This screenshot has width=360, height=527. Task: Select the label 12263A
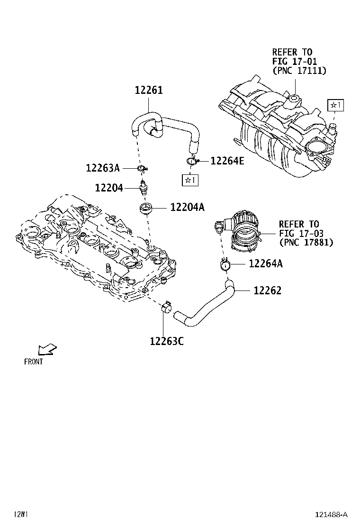pos(103,168)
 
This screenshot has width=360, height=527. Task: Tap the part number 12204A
pos(187,207)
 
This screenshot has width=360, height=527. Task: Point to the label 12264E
pos(227,161)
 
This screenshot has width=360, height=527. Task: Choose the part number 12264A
pos(265,264)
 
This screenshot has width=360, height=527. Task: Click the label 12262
pos(267,290)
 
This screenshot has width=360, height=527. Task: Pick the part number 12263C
pos(166,340)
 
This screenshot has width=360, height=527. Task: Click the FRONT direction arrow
pos(47,350)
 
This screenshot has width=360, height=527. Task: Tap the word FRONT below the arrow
pos(34,362)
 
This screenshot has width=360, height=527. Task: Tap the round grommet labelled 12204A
pos(145,208)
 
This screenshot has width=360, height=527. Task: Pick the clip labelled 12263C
pos(166,308)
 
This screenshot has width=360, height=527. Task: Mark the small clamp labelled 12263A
pos(142,168)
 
